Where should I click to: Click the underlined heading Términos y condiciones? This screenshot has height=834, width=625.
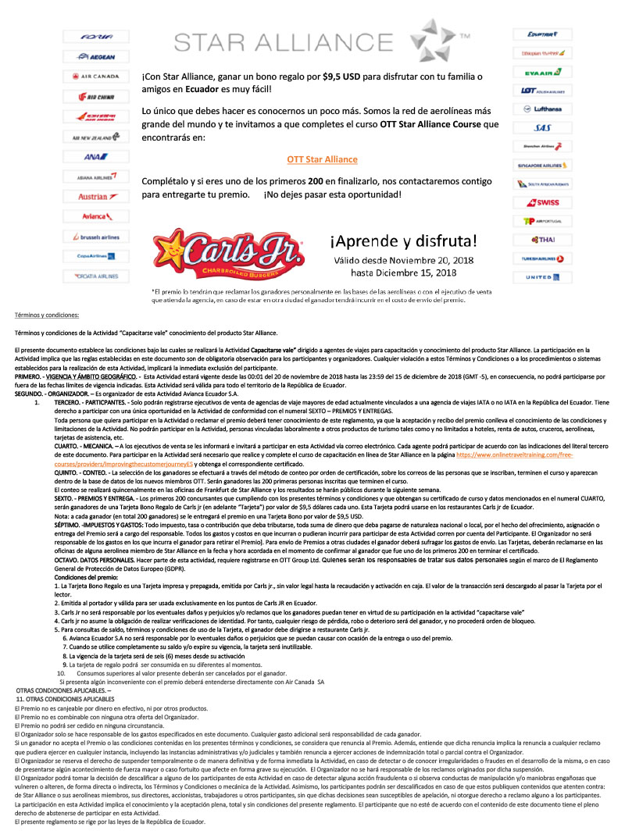tap(47, 315)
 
